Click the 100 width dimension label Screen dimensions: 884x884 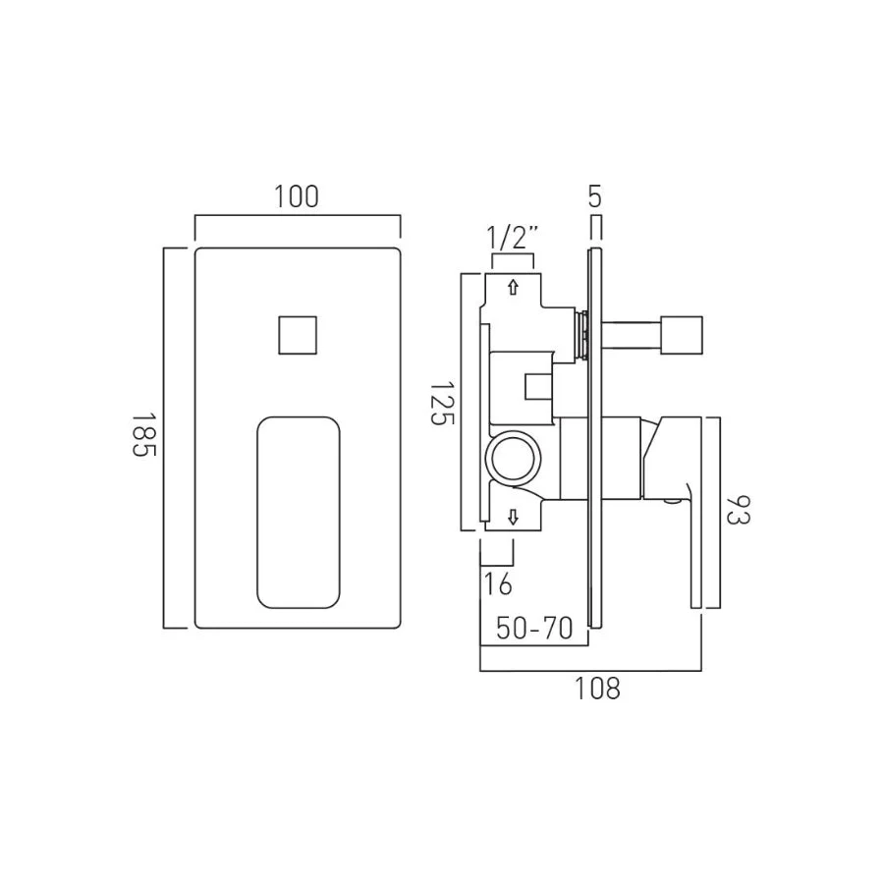297,196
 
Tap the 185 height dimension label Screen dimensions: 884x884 143,435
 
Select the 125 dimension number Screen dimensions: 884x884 442,404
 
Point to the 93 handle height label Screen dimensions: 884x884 738,510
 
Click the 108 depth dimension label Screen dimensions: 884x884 597,689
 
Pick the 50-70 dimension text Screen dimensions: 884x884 534,628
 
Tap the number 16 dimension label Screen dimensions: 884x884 498,583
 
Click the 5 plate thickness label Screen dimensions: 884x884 595,196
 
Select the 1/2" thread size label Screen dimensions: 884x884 513,238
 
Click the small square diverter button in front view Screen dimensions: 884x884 298,335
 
